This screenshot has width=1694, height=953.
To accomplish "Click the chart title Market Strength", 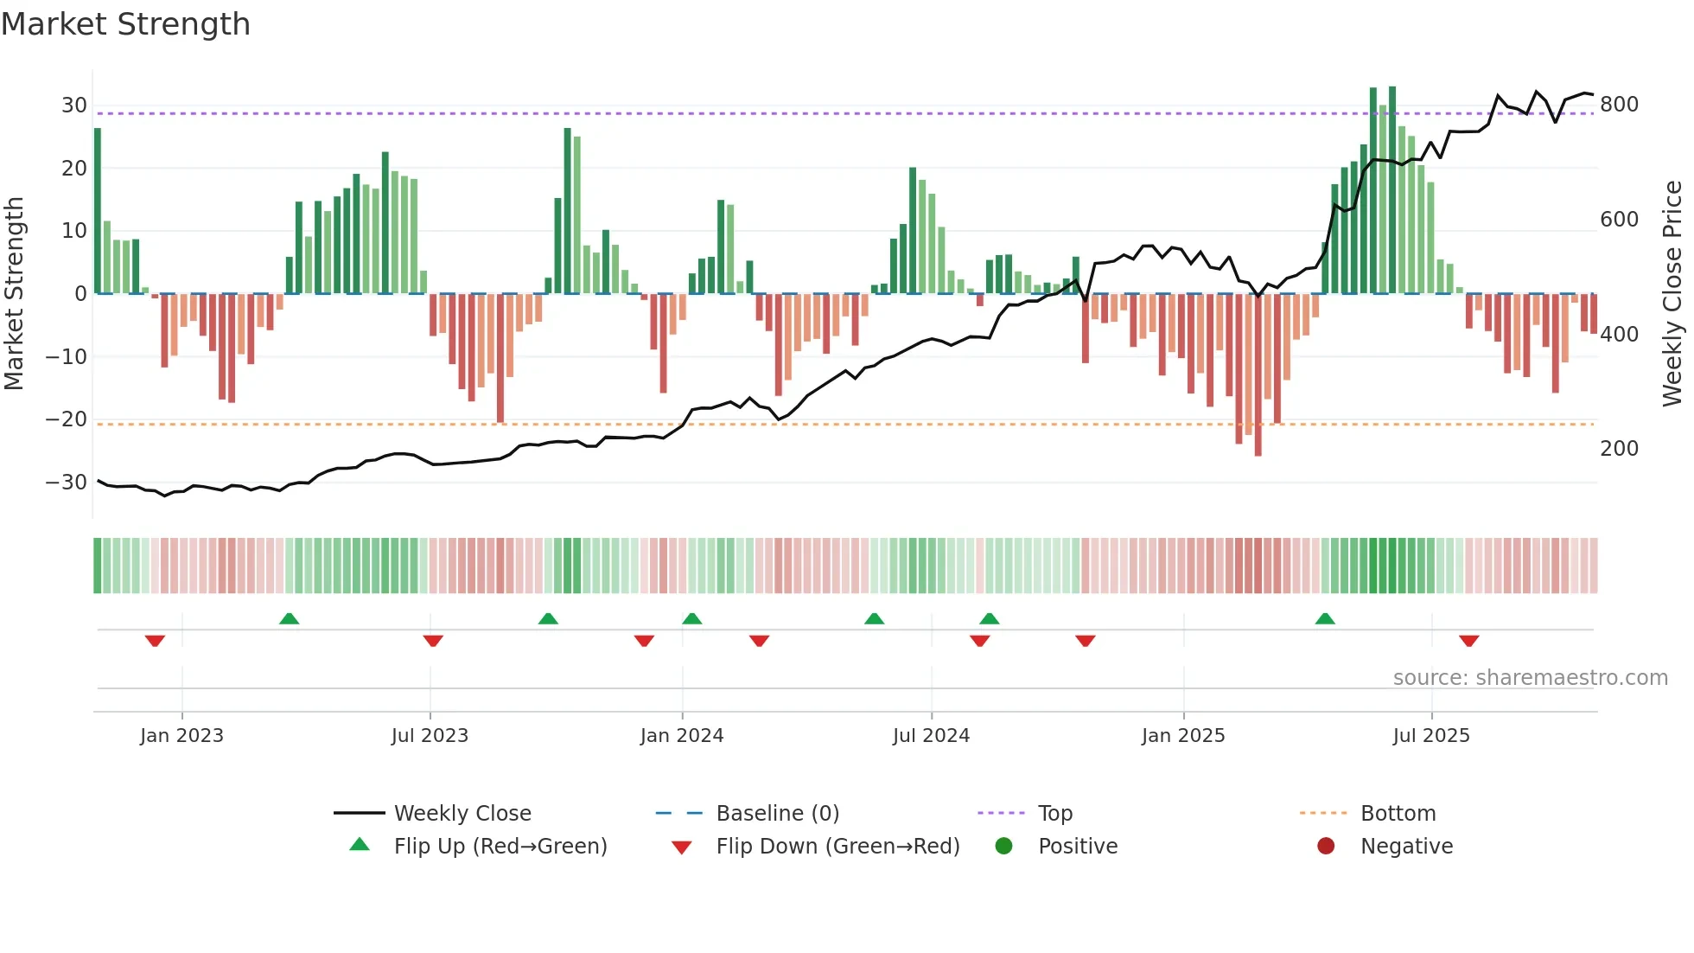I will (x=125, y=24).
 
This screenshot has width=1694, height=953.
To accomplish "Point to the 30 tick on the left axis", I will (x=74, y=106).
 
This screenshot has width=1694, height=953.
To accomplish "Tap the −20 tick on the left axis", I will (x=67, y=419).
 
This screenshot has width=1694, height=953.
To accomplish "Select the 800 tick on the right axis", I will (x=1619, y=105).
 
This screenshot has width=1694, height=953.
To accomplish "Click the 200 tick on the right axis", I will (x=1619, y=449).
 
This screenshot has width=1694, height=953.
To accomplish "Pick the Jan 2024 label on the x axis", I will (x=681, y=736).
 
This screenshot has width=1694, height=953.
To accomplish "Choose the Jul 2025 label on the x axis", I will (x=1430, y=736).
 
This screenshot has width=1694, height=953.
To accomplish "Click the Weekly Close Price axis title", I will (x=1672, y=294).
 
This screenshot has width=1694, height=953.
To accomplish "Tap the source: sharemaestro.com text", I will (x=1530, y=678).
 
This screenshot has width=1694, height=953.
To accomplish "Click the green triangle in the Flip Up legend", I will (x=360, y=845).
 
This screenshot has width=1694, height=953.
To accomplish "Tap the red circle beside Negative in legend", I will (x=1325, y=846).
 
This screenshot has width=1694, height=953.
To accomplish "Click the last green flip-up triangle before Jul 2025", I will (x=1325, y=619).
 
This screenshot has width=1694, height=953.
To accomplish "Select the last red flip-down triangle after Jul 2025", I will (x=1468, y=641).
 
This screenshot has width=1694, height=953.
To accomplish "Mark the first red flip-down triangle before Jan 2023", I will (x=155, y=641).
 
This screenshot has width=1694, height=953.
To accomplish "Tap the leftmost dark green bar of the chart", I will (x=98, y=211).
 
